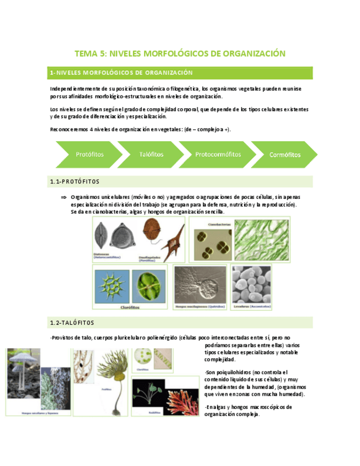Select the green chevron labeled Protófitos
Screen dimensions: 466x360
88,154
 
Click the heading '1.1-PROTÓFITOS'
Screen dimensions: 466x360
74,181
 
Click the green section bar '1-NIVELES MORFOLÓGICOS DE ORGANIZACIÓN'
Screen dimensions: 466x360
121,73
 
